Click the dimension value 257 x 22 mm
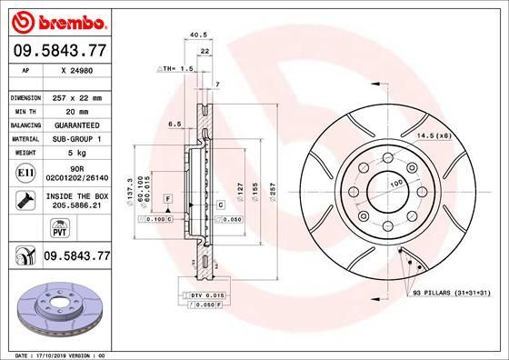point(78,97)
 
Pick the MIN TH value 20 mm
point(78,111)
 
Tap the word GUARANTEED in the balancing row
point(78,125)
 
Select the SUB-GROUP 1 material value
point(78,139)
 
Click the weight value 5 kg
point(78,154)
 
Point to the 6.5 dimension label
point(175,125)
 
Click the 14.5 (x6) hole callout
point(434,135)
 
